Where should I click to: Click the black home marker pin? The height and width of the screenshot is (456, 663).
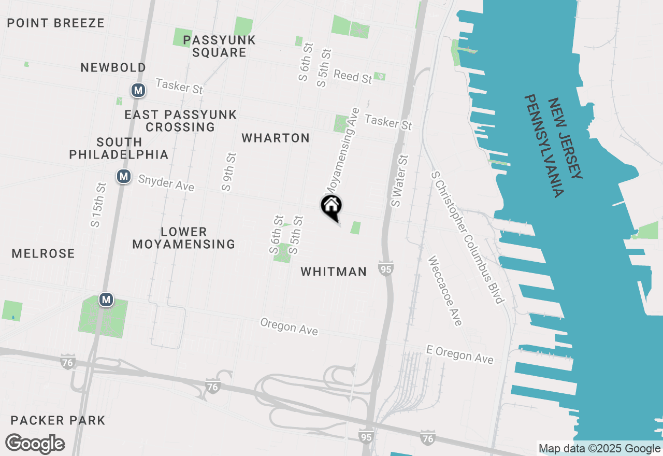331,207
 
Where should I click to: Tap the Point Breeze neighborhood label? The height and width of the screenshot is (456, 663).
56,23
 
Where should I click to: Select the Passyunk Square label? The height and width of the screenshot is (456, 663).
219,46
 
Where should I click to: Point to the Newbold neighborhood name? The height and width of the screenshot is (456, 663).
113,67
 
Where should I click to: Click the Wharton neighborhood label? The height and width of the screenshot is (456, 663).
276,138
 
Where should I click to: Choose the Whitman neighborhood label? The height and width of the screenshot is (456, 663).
334,272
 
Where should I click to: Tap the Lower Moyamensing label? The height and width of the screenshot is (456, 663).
184,238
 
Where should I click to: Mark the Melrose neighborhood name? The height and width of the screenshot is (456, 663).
44,253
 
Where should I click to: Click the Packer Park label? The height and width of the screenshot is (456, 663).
58,420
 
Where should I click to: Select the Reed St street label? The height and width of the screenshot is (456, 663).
353,76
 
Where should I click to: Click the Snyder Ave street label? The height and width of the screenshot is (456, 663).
166,182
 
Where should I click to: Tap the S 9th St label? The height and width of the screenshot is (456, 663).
228,172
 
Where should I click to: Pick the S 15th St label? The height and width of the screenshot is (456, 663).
98,205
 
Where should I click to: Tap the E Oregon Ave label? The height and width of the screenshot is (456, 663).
459,354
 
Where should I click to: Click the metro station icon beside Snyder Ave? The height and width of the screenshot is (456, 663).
123,176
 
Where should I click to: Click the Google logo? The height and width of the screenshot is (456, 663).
35,444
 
